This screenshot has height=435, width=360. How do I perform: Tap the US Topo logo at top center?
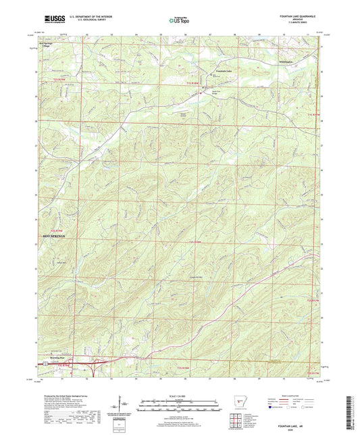point(179,21)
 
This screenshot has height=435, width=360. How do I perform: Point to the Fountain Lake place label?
point(224,70)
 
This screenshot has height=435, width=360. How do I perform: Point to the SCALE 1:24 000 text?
point(179,396)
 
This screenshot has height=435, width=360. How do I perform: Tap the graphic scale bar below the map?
point(179,403)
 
